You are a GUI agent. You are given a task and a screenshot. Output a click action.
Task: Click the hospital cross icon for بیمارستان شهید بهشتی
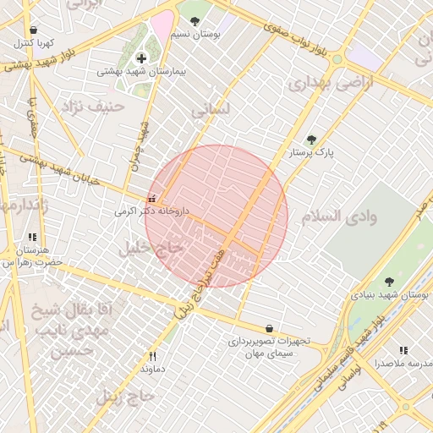[x=140, y=58]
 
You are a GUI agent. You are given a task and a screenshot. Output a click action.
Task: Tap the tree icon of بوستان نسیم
[x=195, y=21]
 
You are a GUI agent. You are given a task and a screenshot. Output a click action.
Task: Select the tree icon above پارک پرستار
[x=311, y=140]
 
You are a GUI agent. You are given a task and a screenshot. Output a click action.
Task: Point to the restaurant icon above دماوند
[x=152, y=356]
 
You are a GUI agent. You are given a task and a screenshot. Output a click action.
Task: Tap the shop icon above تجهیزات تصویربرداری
[x=269, y=328]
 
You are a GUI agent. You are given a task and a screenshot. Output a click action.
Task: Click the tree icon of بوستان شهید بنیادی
[x=389, y=282]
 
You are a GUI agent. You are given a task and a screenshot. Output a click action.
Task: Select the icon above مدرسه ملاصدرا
[x=403, y=350]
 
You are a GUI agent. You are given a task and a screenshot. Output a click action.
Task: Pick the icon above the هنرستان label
[x=32, y=238]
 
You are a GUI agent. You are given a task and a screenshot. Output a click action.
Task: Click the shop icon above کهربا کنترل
[x=33, y=30]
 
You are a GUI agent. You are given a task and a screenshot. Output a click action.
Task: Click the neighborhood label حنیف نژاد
[x=99, y=107]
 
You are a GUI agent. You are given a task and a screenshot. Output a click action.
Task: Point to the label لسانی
[x=210, y=110]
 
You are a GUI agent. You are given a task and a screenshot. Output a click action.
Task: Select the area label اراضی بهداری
[x=319, y=85]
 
